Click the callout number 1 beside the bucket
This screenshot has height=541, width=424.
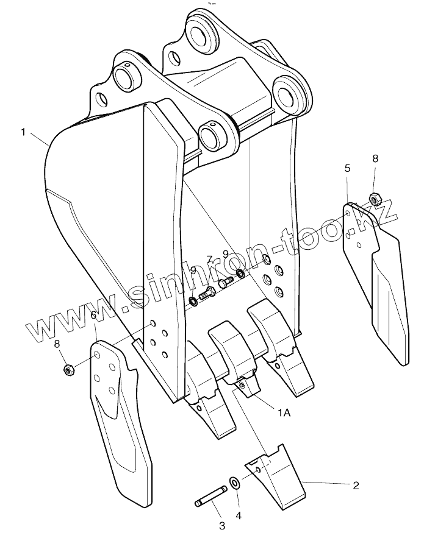[x=23, y=132]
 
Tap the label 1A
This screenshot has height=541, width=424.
[x=284, y=412]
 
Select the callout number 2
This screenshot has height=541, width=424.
[x=355, y=486]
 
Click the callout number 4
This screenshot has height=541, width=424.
[x=239, y=515]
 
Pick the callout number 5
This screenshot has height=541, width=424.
[x=347, y=169]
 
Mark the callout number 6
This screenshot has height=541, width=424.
[x=93, y=315]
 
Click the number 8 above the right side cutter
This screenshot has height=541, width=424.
[x=375, y=158]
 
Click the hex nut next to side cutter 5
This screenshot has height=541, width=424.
[x=375, y=197]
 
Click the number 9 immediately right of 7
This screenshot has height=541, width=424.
[x=226, y=253]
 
